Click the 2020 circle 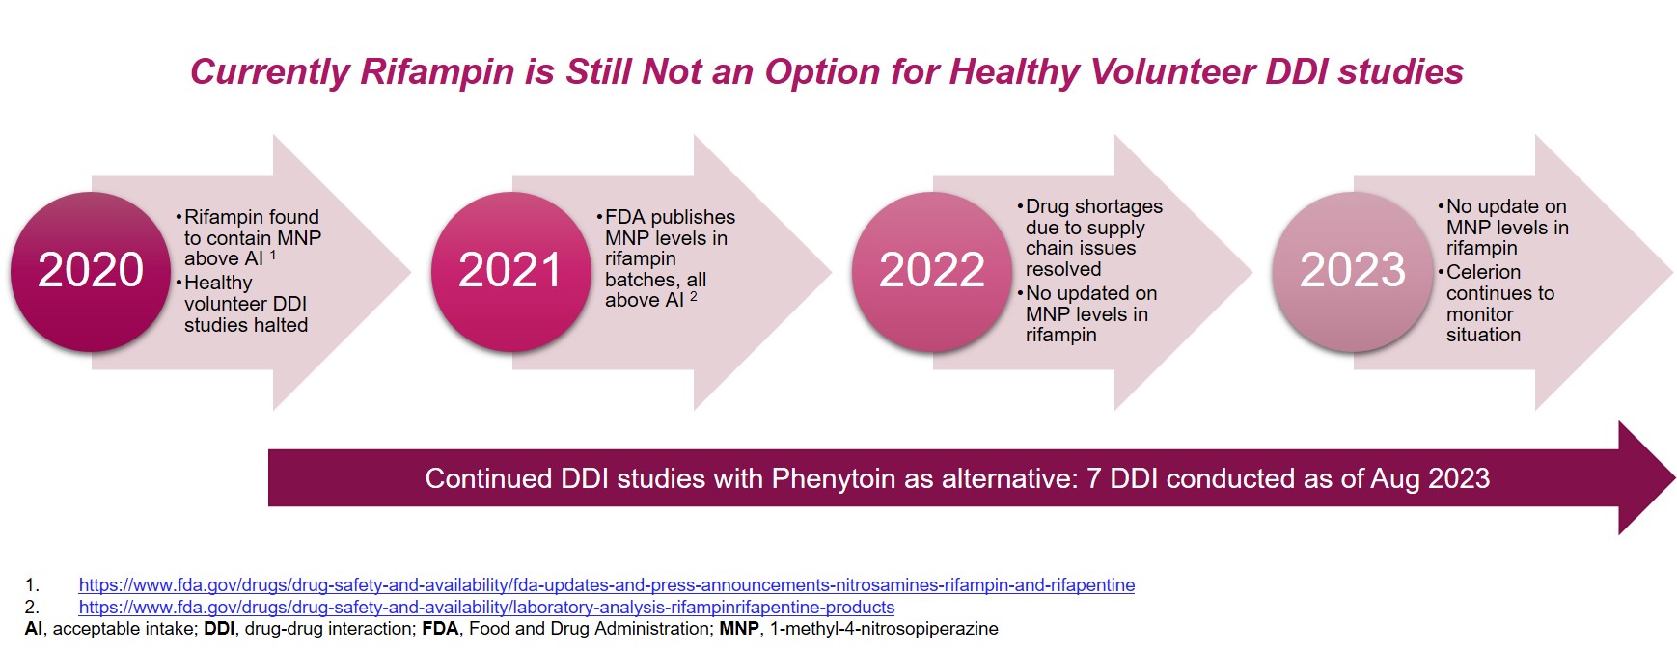coord(91,270)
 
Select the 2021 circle coord(510,270)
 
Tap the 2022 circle coord(931,270)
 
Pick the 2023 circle coord(1352,270)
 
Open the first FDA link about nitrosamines coord(606,585)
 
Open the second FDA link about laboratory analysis coord(486,608)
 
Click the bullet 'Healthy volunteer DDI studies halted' coord(246,304)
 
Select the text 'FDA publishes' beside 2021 coord(670,218)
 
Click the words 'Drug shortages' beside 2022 coord(1093,207)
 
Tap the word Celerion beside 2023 coord(1483,273)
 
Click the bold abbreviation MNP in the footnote coord(739,629)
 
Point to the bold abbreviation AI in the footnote coord(34,629)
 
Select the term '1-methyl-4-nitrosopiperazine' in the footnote coord(883,629)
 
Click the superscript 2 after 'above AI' coord(693,296)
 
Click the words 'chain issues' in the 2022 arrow coord(1080,249)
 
